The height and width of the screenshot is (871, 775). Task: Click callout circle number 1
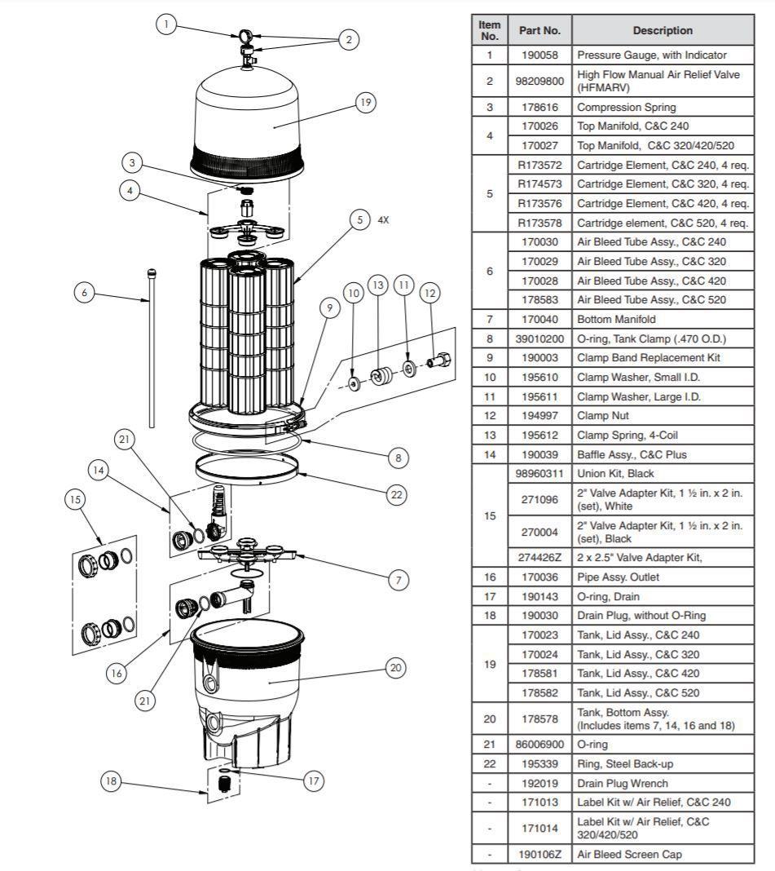pos(166,24)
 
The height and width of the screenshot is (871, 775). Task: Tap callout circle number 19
pos(365,102)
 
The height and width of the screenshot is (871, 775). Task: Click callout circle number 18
pos(110,780)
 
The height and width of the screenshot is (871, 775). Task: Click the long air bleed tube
pos(152,351)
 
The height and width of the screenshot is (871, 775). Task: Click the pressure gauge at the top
pos(245,36)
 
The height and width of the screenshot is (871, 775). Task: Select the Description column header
pos(663,30)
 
